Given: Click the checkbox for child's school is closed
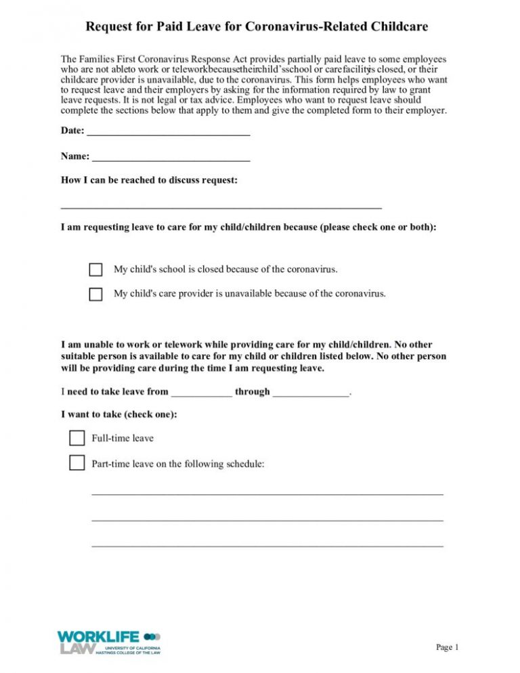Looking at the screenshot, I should point(96,270).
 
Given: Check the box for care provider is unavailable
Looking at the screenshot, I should point(96,295).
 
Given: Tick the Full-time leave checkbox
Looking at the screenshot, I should point(77,438).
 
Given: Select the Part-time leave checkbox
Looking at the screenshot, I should point(77,464).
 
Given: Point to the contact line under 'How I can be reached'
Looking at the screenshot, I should point(221,207).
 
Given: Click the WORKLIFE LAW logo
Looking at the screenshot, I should point(109,642).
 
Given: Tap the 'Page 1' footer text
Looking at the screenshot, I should point(448,647).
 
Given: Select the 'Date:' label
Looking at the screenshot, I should point(72,130).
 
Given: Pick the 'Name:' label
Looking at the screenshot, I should point(74,156).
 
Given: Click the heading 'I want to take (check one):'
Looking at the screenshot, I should point(119,414).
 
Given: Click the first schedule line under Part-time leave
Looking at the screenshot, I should point(267,494).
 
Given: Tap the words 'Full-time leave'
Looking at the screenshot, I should point(123,438).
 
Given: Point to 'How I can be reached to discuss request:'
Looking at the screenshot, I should point(149,181).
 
